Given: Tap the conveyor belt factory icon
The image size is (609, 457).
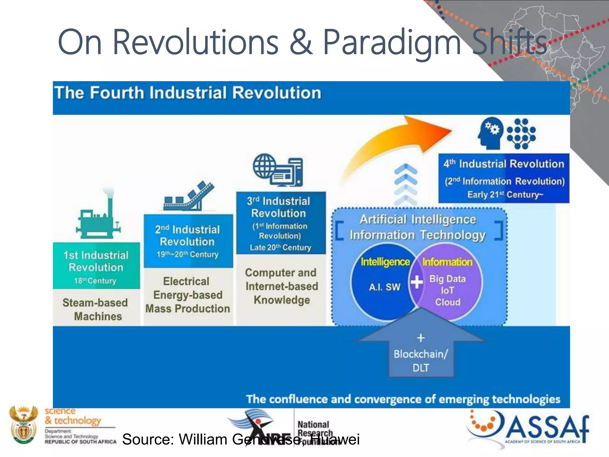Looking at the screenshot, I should tap(189, 196).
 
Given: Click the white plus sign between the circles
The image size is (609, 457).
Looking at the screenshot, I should tap(417, 281).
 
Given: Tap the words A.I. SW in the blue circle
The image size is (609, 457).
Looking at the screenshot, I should tap(384, 287).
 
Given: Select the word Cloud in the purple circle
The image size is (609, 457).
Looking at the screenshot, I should tap(448, 302).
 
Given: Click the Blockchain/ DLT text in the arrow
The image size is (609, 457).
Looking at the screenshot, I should tap(421, 360).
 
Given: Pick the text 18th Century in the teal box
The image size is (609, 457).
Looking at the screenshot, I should tap(95, 281).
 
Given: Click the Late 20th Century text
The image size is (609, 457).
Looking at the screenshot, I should tap(280, 247).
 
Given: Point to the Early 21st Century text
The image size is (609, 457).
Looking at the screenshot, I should tap(505, 195).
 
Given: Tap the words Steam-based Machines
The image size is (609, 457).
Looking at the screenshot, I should tap(96, 309).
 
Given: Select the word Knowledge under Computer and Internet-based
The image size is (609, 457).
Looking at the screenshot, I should tap(282, 300).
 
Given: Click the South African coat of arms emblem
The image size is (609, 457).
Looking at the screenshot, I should tap(23, 425).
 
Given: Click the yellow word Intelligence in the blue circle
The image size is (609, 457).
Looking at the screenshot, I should tap(385, 262).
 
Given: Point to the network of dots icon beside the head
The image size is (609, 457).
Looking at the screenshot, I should tap(521, 134).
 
